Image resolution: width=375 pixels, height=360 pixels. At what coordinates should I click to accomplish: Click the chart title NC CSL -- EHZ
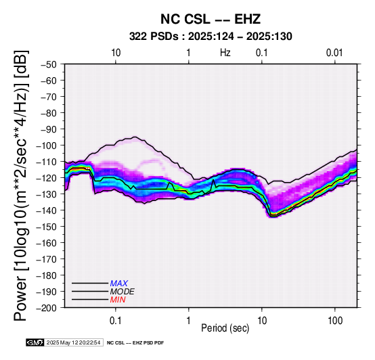tap(211, 19)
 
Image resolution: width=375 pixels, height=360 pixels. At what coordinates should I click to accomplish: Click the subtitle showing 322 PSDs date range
tap(211, 37)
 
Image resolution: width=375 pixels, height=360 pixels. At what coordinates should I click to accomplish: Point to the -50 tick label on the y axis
tap(49, 64)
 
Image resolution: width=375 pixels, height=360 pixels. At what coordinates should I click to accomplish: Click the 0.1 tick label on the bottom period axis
tap(116, 321)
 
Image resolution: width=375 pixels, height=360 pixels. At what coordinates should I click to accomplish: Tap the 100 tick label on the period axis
tap(335, 321)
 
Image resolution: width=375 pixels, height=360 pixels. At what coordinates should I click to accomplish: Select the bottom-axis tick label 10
tap(262, 321)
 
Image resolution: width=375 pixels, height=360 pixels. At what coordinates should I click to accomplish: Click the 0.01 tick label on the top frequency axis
tap(334, 53)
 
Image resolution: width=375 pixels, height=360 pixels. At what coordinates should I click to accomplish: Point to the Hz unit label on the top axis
tap(225, 53)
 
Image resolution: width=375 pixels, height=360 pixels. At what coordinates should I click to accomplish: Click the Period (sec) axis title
tap(225, 328)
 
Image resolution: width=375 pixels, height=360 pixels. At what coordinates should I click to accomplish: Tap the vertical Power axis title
tap(21, 185)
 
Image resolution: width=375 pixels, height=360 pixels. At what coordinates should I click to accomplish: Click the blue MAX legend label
tap(118, 284)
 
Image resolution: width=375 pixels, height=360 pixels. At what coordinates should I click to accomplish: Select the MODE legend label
tap(122, 292)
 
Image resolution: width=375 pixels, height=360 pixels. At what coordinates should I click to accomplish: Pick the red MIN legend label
tap(118, 300)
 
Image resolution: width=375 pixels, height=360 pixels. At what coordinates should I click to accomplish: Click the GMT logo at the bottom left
tap(35, 342)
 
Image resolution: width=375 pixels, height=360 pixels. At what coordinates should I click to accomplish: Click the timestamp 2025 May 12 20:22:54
tap(73, 342)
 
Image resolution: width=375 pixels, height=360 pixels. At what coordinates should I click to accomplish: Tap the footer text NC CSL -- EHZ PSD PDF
tap(135, 343)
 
